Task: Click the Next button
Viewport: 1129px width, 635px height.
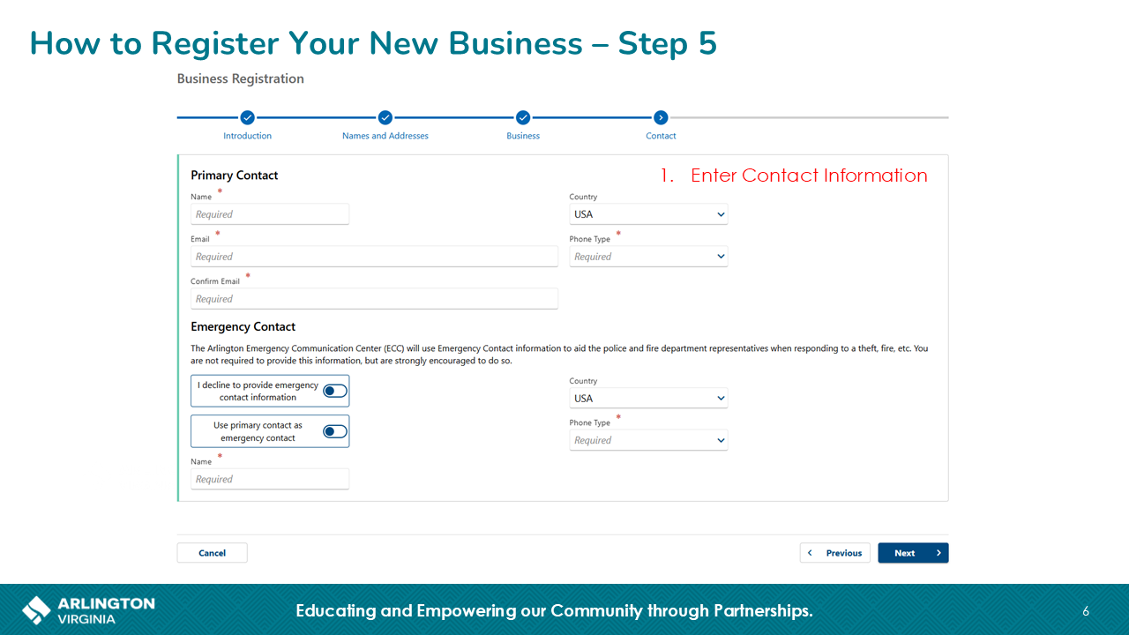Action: click(x=913, y=553)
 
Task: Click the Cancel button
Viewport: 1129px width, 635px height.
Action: click(x=213, y=553)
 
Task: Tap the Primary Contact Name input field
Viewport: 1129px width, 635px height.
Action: click(x=270, y=214)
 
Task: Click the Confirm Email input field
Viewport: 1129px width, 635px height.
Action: click(x=374, y=299)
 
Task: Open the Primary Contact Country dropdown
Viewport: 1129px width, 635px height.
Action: click(x=648, y=214)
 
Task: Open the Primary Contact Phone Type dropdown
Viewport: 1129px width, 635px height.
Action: click(x=648, y=257)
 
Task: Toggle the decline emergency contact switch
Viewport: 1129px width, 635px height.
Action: click(x=335, y=391)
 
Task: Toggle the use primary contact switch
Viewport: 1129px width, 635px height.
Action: click(x=335, y=431)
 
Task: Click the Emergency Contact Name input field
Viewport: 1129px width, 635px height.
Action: click(x=270, y=479)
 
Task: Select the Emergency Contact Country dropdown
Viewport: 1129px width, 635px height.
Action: click(x=648, y=398)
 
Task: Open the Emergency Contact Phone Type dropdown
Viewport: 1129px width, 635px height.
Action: click(x=648, y=440)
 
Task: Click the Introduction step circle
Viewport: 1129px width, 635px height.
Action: click(x=247, y=117)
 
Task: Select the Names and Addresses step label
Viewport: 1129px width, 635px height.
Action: click(x=385, y=136)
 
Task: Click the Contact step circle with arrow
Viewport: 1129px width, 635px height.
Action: click(x=661, y=117)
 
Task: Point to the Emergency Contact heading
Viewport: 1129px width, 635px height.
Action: click(x=243, y=326)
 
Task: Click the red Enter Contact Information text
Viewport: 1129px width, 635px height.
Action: click(x=809, y=176)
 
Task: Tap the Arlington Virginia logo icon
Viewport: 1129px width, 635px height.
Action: click(x=36, y=610)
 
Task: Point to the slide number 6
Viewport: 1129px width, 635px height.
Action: click(x=1086, y=611)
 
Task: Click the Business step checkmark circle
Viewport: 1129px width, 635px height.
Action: click(x=523, y=117)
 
